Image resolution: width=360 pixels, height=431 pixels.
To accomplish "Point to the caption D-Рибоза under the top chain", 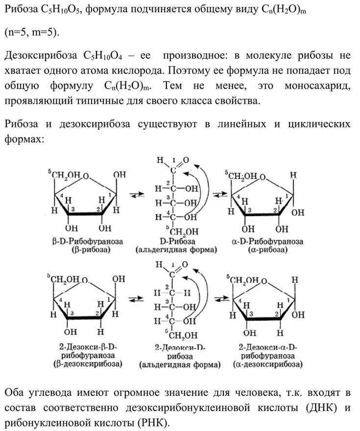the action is pyautogui.click(x=176, y=242).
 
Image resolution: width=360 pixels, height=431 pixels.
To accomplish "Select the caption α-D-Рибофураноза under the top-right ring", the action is pyautogui.click(x=268, y=242).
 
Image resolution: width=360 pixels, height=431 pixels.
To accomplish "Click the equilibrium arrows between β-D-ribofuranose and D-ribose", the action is pyautogui.click(x=136, y=196).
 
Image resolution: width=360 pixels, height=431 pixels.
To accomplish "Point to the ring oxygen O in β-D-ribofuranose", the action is pyautogui.click(x=86, y=176).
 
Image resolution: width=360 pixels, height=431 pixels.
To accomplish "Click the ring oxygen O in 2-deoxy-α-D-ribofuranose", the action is pyautogui.click(x=264, y=281).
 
